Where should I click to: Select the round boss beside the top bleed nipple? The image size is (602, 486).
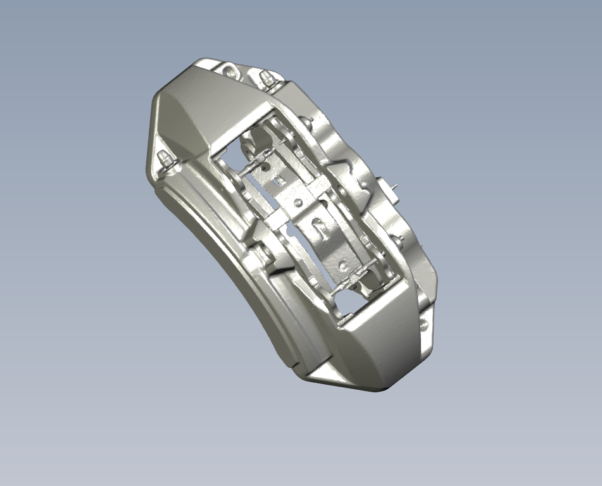[x=229, y=71]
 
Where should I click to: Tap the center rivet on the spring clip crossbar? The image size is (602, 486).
[x=298, y=204]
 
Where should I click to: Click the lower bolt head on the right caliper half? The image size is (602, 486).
[x=399, y=239]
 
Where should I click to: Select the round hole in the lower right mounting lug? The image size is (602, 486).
[x=424, y=325]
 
